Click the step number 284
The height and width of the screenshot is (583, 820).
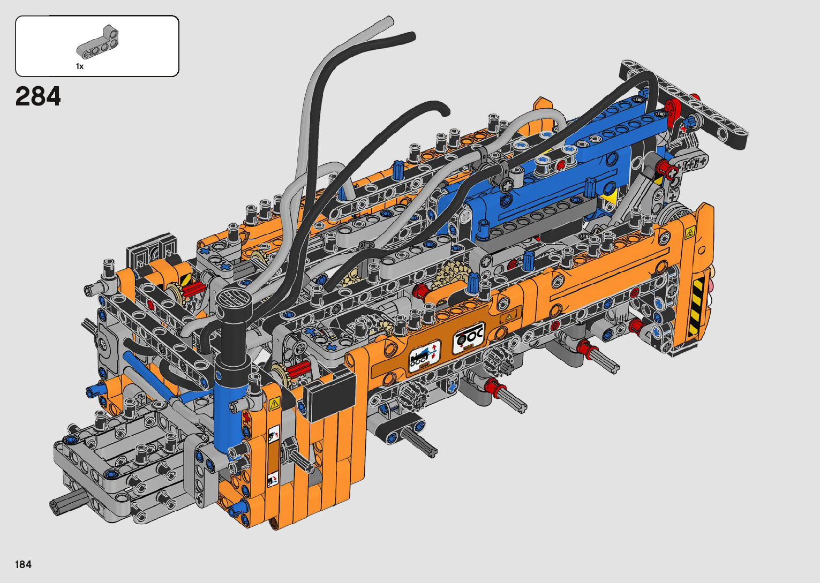(38, 96)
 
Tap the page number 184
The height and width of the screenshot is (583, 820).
(24, 564)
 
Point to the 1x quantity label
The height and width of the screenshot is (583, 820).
(79, 66)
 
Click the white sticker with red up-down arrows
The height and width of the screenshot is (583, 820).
(425, 356)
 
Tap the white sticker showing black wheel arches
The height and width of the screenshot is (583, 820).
(469, 338)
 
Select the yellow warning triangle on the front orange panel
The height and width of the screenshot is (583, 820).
(274, 404)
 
